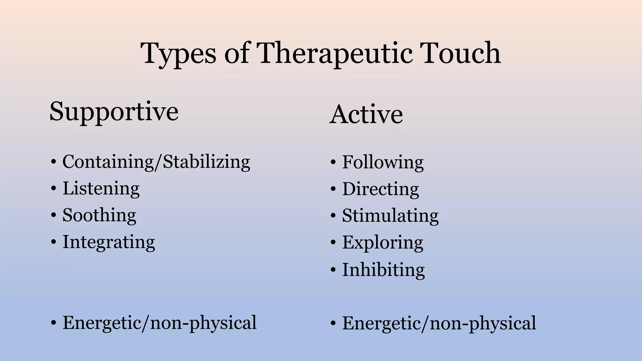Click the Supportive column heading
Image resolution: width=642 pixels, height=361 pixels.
114,112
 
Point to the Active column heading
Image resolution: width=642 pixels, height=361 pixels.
366,114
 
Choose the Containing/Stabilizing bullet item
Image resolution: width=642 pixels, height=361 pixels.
156,162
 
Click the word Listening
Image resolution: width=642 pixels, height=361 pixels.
101,189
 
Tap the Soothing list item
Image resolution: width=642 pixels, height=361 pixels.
99,215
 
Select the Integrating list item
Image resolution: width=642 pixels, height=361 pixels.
108,242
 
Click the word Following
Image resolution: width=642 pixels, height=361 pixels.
382,162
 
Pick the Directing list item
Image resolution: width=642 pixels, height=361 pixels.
380,189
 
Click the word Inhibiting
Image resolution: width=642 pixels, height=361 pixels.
383,269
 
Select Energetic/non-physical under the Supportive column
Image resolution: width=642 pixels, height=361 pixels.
159,323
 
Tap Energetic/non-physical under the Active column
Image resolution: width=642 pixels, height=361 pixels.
439,323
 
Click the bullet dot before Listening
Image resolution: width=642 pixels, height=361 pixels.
54,189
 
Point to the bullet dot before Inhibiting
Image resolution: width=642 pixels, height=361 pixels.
333,270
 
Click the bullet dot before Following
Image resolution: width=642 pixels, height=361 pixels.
333,163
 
